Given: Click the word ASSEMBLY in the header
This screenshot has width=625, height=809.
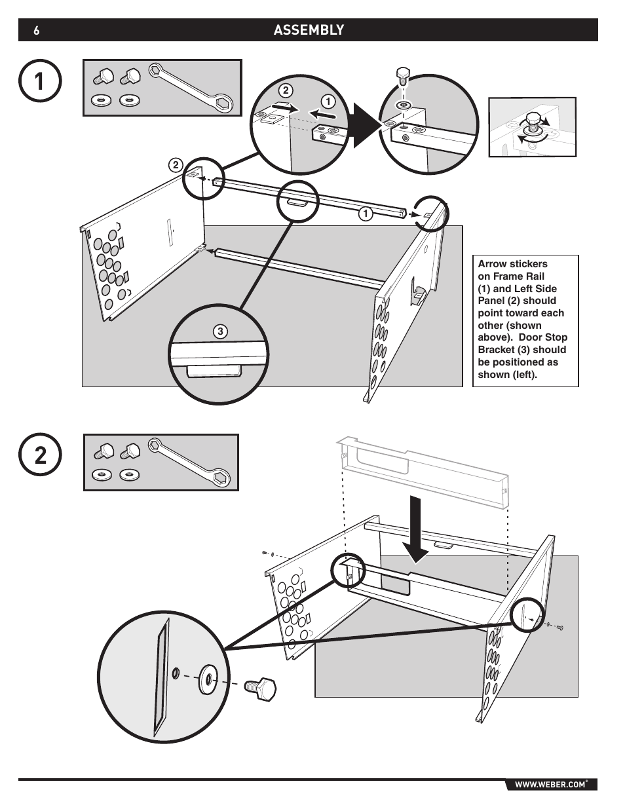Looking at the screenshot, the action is (x=309, y=29).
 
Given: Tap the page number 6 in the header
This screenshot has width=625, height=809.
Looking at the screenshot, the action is (x=36, y=30).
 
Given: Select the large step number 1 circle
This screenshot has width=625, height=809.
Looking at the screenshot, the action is (x=40, y=81).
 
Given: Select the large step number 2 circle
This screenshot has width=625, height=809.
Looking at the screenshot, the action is (x=40, y=455).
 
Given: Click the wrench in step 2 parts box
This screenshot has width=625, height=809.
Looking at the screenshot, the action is (x=189, y=462).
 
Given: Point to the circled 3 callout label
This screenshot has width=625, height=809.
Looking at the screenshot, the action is (x=220, y=331).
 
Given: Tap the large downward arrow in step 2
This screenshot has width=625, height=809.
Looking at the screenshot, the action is (x=415, y=530).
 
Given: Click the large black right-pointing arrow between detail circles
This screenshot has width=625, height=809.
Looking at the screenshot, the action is (x=366, y=126).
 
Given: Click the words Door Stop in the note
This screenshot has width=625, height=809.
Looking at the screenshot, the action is (x=543, y=337).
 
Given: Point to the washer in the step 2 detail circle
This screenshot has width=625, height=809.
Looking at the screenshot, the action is (x=208, y=679).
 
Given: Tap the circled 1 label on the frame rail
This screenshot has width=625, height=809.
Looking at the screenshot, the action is (x=366, y=214).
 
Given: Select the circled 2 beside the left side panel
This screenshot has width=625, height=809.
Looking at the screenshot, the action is (x=176, y=165).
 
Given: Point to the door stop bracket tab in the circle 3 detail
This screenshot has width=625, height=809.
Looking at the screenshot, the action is (x=214, y=371).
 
